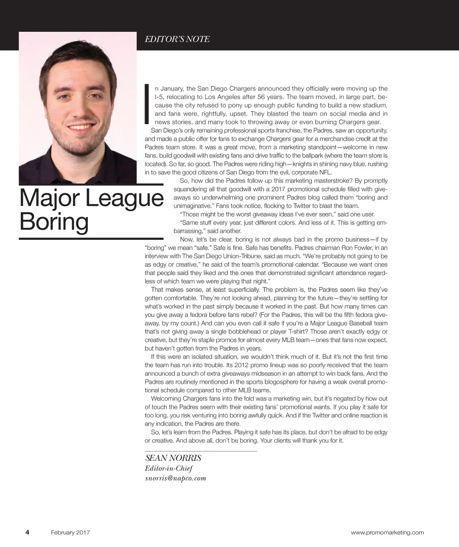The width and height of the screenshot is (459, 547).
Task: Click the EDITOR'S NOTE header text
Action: click(177, 39)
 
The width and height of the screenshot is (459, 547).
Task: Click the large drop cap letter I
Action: click(147, 104)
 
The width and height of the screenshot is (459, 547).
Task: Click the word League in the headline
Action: click(124, 199)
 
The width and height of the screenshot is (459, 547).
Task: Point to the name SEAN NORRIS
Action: click(173, 458)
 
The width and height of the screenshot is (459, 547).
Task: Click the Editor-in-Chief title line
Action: click(169, 469)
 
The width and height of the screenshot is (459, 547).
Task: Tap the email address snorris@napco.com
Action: click(175, 478)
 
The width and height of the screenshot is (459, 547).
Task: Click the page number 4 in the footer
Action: click(27, 533)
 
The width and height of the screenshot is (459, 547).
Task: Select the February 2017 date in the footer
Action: click(70, 533)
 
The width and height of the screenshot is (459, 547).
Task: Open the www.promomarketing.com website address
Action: click(387, 533)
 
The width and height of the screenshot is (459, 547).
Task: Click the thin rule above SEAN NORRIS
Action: click(200, 451)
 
